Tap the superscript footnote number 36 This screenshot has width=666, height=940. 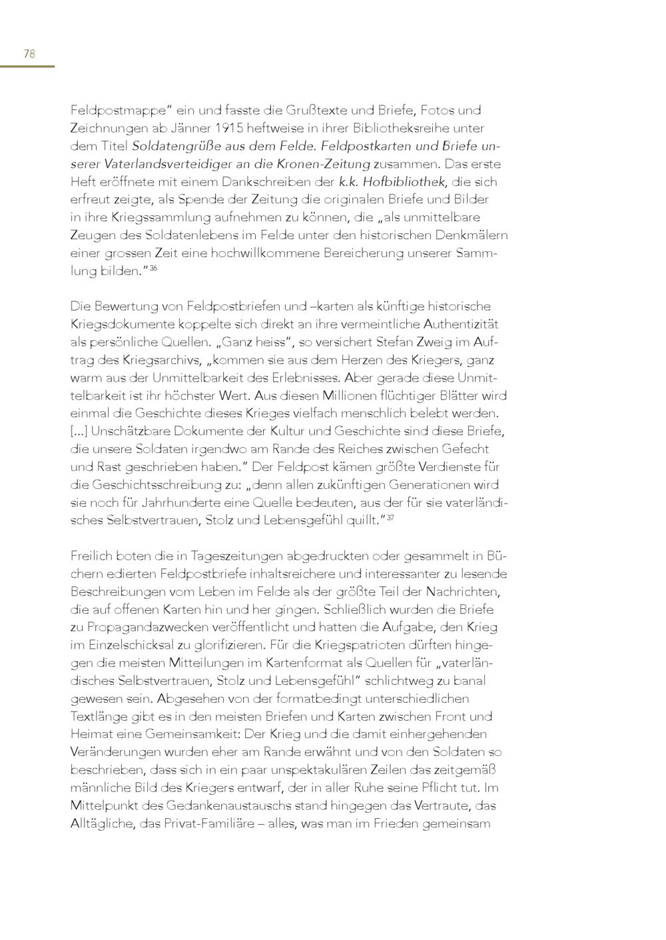pyautogui.click(x=153, y=268)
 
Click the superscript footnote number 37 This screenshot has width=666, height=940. pyautogui.click(x=390, y=518)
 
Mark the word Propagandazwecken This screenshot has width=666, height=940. pyautogui.click(x=144, y=627)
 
